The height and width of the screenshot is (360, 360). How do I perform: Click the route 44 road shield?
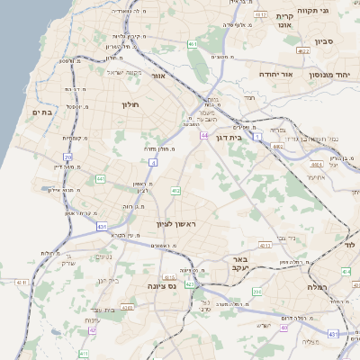tap(205, 135)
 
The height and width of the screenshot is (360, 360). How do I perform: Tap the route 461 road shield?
tap(193, 43)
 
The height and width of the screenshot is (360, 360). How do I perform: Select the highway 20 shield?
tap(67, 157)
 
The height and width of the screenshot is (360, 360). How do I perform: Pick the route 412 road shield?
tap(176, 191)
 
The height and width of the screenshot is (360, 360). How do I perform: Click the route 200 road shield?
tap(257, 292)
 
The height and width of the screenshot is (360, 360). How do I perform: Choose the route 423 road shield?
tap(190, 284)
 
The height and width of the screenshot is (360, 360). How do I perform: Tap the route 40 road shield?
tap(283, 328)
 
